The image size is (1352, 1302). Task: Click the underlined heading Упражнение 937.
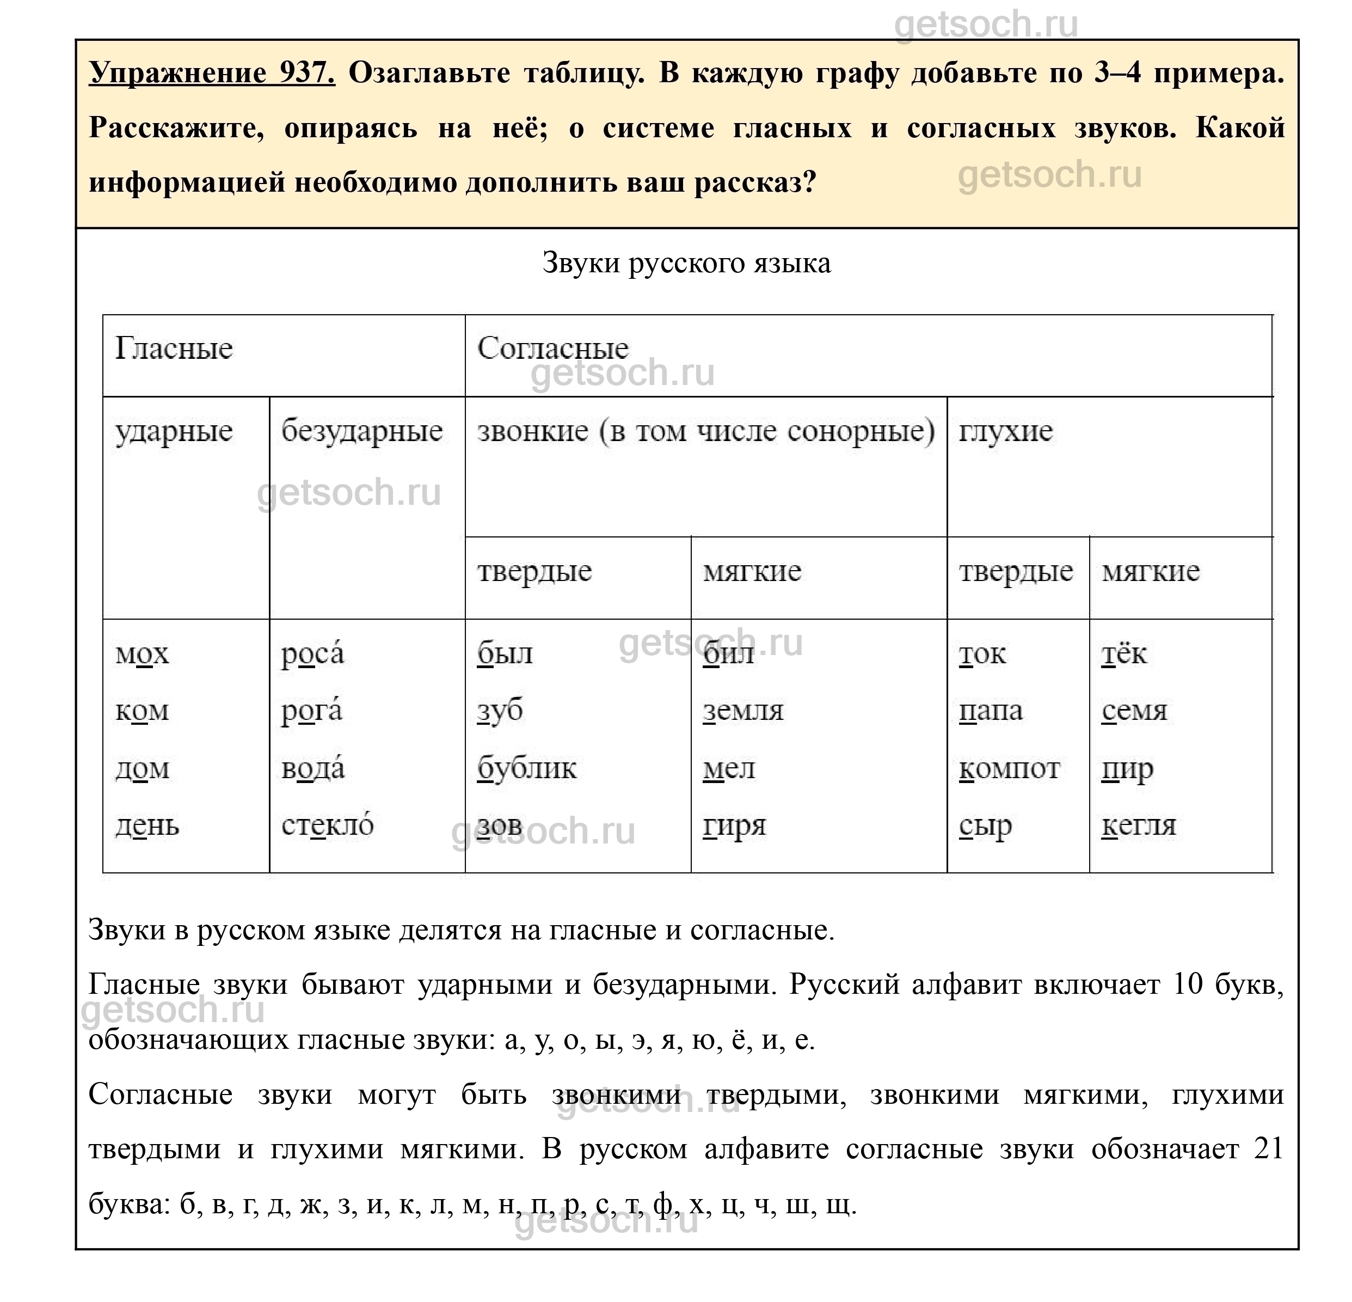click(x=212, y=72)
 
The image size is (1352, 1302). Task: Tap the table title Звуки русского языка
click(x=686, y=263)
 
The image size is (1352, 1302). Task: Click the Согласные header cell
click(x=552, y=349)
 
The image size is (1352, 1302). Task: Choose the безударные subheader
click(x=362, y=432)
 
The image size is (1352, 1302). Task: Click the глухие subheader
click(x=1006, y=432)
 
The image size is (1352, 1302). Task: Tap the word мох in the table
click(x=142, y=653)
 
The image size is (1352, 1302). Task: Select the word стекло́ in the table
click(x=328, y=824)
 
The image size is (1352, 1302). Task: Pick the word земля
click(x=743, y=711)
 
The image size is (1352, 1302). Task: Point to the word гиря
click(x=735, y=825)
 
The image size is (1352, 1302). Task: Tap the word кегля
click(x=1139, y=825)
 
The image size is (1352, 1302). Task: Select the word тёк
click(x=1124, y=653)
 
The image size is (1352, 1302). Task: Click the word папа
click(x=991, y=711)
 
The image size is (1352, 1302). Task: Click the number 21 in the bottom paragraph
click(x=1268, y=1149)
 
